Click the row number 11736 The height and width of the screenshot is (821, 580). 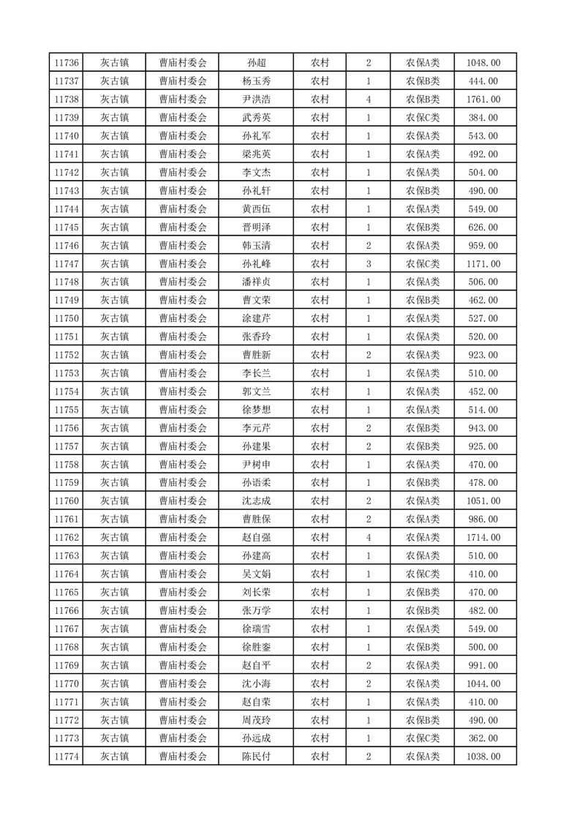pyautogui.click(x=67, y=63)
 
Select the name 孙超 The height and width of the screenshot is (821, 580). pyautogui.click(x=256, y=63)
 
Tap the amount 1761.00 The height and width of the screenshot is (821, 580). pyautogui.click(x=483, y=100)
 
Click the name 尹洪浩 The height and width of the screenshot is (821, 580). pyautogui.click(x=256, y=100)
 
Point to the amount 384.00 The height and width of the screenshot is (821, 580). pyautogui.click(x=483, y=118)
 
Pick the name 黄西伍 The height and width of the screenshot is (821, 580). pyautogui.click(x=256, y=209)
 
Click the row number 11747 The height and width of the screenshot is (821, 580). pyautogui.click(x=67, y=263)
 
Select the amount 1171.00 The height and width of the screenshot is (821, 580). pyautogui.click(x=483, y=263)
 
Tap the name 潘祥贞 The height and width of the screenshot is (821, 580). pyautogui.click(x=256, y=282)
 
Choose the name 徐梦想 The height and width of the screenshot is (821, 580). pyautogui.click(x=256, y=410)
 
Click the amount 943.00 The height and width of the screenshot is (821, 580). pyautogui.click(x=483, y=428)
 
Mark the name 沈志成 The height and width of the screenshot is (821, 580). pyautogui.click(x=256, y=501)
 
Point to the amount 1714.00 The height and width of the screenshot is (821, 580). pyautogui.click(x=483, y=538)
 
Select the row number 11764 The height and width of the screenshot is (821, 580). pyautogui.click(x=67, y=574)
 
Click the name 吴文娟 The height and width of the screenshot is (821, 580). pyautogui.click(x=256, y=574)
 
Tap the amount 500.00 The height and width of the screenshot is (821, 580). pyautogui.click(x=483, y=647)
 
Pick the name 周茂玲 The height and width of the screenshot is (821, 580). pyautogui.click(x=256, y=720)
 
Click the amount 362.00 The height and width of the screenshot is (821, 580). pyautogui.click(x=483, y=738)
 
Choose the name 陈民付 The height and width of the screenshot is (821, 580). pyautogui.click(x=256, y=757)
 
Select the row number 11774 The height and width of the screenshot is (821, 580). pyautogui.click(x=67, y=757)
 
